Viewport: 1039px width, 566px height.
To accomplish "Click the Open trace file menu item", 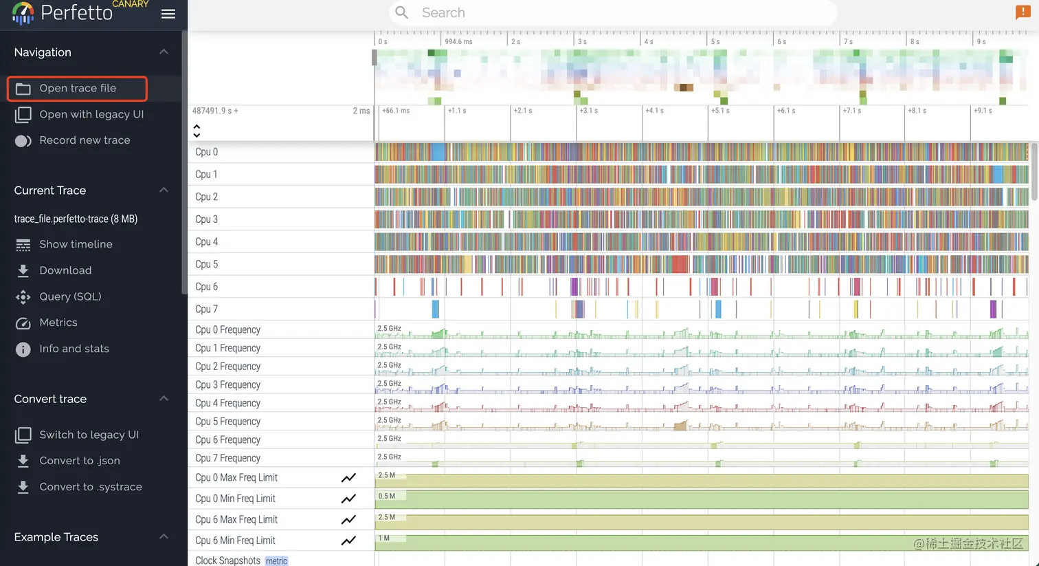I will tap(77, 89).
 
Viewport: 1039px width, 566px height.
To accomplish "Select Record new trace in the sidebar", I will tap(85, 140).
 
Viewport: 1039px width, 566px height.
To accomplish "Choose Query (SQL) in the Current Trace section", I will tap(70, 296).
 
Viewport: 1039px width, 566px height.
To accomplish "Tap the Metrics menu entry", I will tap(58, 323).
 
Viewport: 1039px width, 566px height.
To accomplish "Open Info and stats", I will tap(74, 349).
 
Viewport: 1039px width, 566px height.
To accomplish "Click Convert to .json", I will tap(80, 461).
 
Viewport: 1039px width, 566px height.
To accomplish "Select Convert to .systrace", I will tap(91, 487).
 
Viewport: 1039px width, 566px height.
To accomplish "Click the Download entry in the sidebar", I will tap(65, 270).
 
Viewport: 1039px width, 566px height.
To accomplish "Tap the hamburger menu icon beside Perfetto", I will tap(168, 14).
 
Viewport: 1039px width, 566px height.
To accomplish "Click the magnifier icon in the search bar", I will tap(402, 13).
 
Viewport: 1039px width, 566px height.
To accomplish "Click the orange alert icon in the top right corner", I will tap(1023, 12).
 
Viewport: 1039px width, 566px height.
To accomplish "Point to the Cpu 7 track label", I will tap(206, 309).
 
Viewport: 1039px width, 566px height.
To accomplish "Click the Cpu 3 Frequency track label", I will tap(227, 385).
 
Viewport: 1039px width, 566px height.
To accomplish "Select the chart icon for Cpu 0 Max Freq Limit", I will tap(348, 478).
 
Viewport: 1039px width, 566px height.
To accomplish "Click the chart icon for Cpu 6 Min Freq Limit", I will tap(348, 541).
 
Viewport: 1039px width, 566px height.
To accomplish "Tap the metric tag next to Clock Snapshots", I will tap(276, 561).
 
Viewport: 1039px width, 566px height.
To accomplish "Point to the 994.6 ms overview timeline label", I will tap(458, 42).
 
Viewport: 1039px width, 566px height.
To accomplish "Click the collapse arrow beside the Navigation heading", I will tap(164, 52).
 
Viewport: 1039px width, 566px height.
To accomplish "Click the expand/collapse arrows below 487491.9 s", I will tap(197, 131).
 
